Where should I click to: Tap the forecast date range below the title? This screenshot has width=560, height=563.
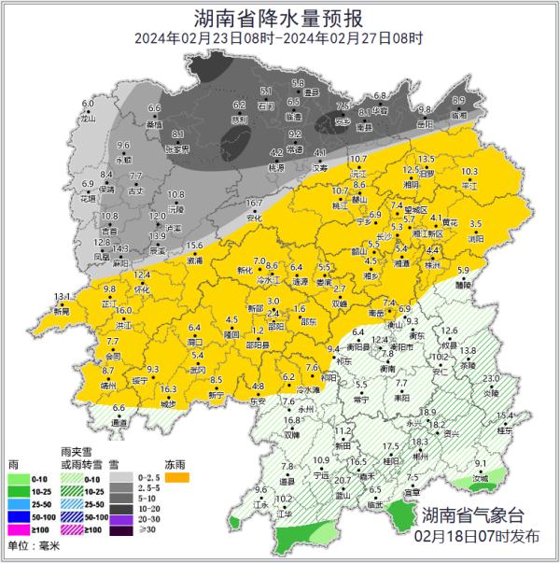pos(279,39)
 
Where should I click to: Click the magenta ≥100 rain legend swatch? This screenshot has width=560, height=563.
pos(20,529)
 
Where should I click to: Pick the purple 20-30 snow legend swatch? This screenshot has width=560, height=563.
pos(121,516)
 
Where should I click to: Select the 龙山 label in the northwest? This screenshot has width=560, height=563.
pos(89,119)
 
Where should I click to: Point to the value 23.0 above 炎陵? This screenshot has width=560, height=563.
pos(491,378)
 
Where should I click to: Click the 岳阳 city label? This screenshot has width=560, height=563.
pos(426,174)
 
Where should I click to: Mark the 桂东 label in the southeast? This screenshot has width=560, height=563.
pos(505,430)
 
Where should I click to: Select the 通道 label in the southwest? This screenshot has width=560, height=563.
pos(119,423)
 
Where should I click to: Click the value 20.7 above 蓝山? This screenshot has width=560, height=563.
pos(343,481)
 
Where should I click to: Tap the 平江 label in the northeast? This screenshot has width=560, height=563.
pos(469,186)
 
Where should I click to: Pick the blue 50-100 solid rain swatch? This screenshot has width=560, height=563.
pos(20,516)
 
